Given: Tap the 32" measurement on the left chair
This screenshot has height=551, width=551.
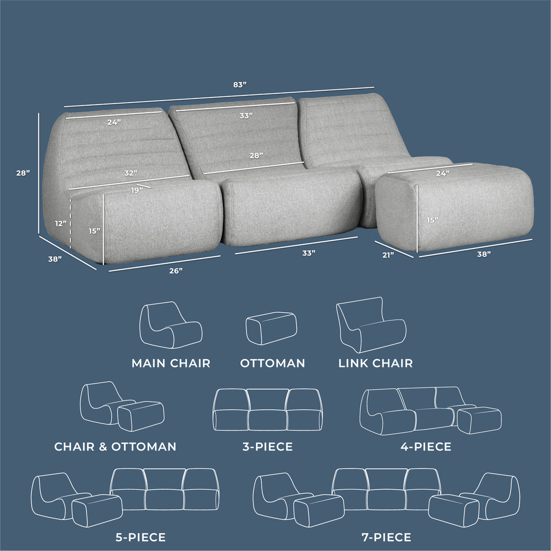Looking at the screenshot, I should pos(131,173).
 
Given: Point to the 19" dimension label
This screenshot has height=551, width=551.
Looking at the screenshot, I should pos(135,191).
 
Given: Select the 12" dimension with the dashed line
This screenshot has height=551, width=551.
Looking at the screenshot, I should pos(61,223).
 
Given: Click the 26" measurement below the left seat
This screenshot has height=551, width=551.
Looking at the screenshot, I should pos(176,271).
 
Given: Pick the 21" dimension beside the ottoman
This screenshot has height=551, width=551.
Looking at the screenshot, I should pos(388,255).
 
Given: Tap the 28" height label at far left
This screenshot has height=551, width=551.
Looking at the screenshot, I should pos(23,173).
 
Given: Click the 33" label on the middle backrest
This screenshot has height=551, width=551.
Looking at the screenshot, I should pos(246,116).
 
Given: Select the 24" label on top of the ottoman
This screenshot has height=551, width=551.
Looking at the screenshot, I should pos(442,173).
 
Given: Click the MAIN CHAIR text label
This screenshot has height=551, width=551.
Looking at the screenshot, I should pos(171,363).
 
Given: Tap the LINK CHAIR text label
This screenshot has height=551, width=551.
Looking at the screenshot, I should pos(375,363).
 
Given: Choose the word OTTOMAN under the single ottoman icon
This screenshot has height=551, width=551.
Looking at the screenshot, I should pos(272,363).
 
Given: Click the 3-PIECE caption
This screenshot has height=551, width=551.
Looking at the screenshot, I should pos(267,447).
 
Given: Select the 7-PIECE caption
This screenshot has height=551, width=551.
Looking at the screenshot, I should pos(386,537).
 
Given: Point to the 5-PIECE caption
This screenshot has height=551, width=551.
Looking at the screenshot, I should pos(140,537).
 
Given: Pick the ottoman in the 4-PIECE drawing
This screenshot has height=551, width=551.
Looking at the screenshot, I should pos(480,420).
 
